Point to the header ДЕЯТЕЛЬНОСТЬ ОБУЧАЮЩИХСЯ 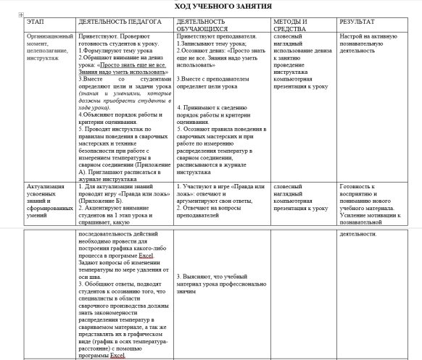pos(210,26)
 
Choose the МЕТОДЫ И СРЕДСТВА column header pos(291,26)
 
